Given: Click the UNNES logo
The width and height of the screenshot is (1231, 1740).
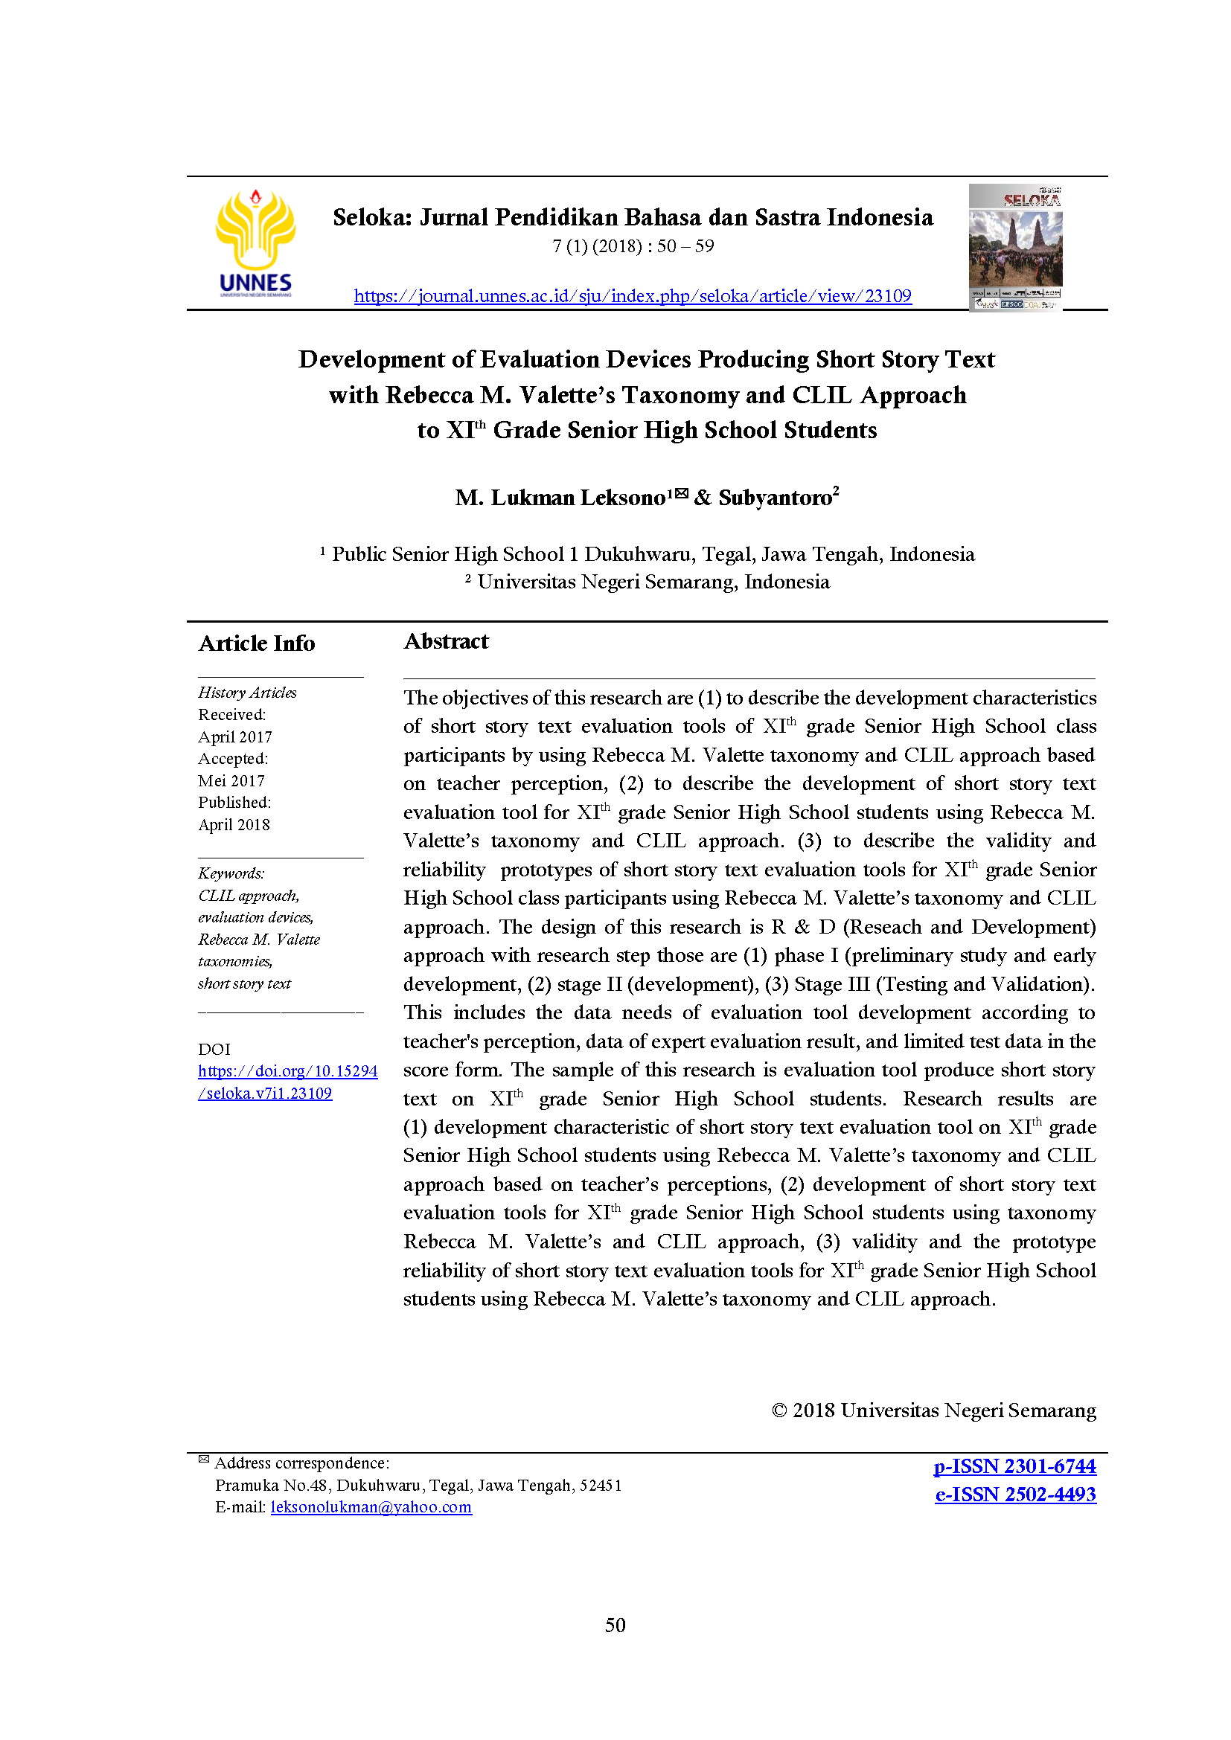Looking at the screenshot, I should (x=255, y=243).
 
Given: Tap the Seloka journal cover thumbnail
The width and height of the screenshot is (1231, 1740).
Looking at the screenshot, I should (x=1015, y=247).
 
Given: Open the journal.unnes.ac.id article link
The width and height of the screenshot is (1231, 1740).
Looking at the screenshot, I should (x=632, y=295).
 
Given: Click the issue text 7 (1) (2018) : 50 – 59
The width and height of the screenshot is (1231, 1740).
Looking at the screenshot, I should (x=633, y=246).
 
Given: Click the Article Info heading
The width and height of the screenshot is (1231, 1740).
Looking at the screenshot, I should (x=256, y=643).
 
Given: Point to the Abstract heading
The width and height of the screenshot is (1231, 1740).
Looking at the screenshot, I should (x=446, y=641).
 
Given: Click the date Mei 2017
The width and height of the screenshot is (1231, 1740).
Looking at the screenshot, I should (x=231, y=780).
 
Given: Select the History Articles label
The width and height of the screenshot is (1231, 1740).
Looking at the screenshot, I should (x=247, y=693).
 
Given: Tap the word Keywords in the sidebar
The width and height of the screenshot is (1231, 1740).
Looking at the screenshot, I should (x=231, y=873).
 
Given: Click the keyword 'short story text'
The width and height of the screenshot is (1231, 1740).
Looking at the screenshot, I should (x=244, y=983).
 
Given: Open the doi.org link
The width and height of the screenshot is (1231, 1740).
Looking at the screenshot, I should (x=287, y=1082).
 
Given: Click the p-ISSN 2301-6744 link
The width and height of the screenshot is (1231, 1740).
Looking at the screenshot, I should (x=1014, y=1466).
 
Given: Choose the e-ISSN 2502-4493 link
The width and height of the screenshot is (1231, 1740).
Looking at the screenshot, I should (x=1015, y=1495).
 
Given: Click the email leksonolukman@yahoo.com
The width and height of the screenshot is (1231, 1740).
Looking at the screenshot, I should (x=371, y=1507).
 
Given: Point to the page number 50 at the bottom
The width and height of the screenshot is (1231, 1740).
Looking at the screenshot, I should (x=615, y=1625).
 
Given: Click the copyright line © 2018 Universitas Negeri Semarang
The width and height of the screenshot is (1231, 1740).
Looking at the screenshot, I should (x=933, y=1410).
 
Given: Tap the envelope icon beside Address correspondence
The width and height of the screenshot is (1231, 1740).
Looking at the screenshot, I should (x=204, y=1459).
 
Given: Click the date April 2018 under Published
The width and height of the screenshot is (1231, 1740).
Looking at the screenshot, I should (x=234, y=824).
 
